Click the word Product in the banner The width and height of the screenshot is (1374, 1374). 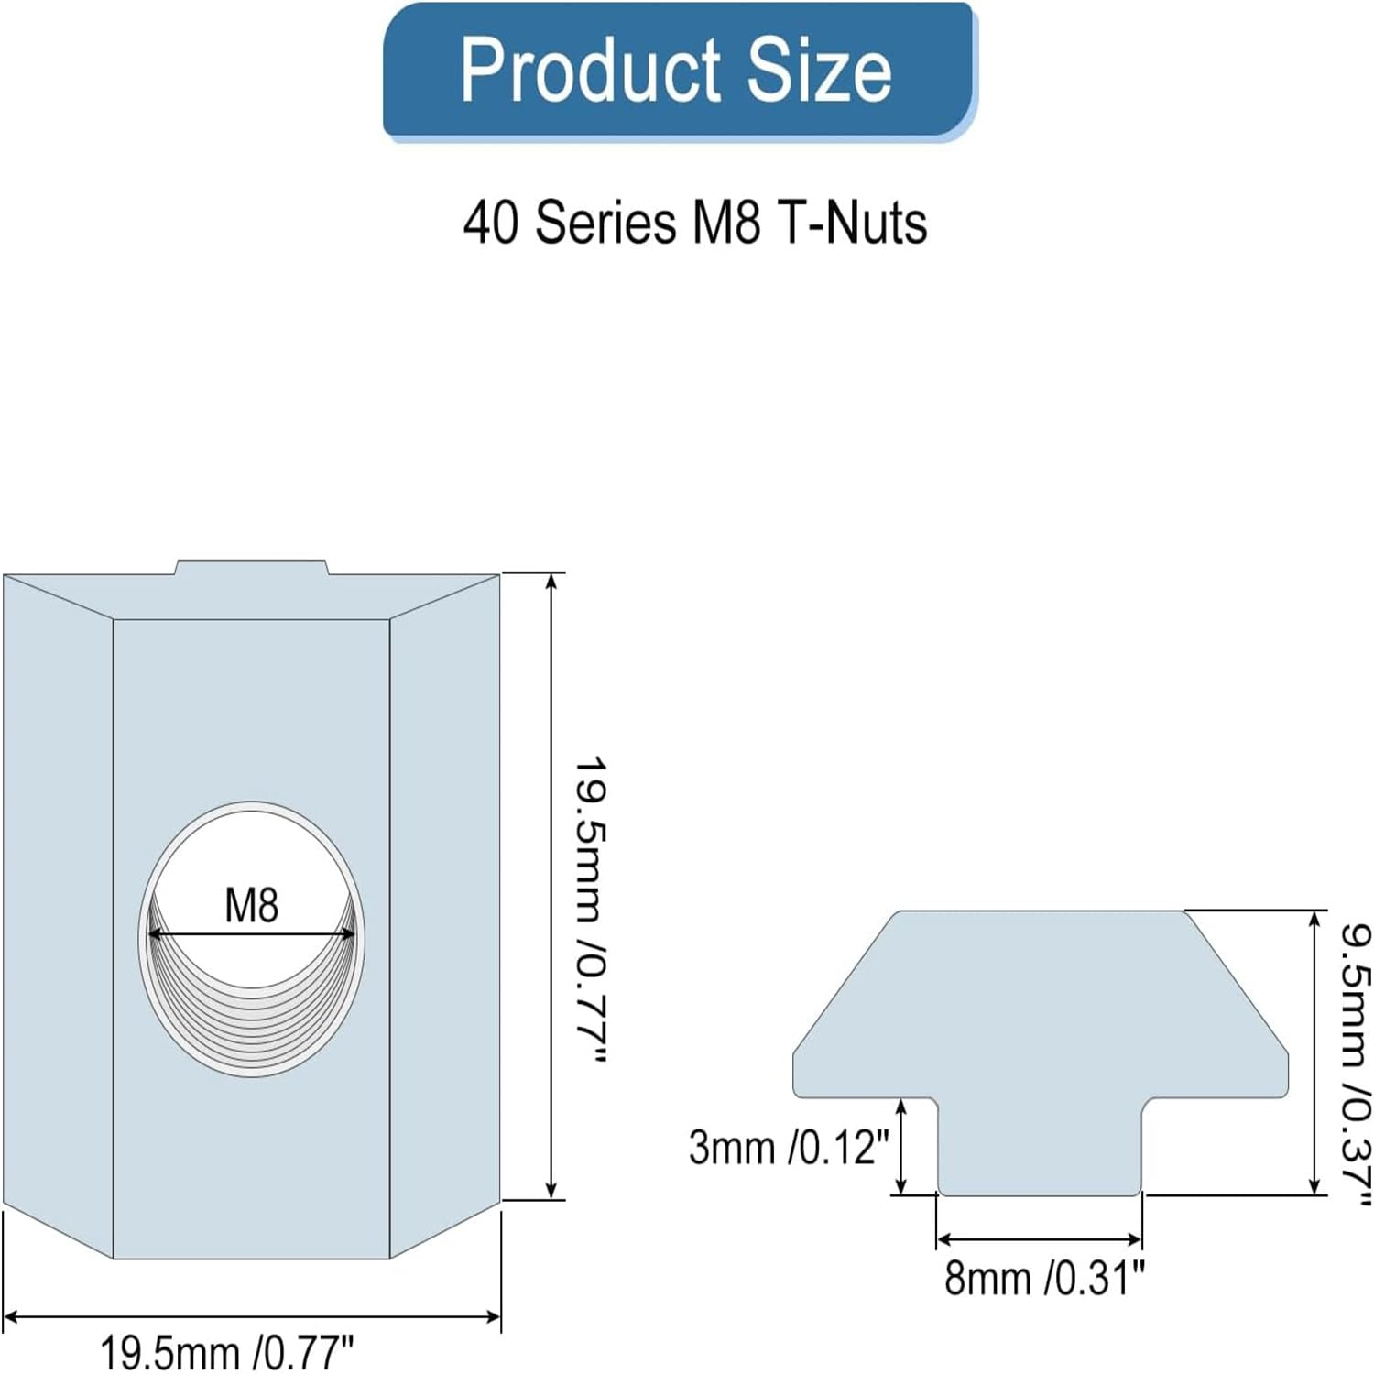[591, 71]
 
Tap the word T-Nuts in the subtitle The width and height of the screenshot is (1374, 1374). [852, 223]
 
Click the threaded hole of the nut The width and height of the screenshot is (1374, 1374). [252, 939]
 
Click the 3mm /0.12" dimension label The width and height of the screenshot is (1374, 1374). [789, 1147]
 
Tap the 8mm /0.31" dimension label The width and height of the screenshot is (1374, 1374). [1044, 1277]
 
